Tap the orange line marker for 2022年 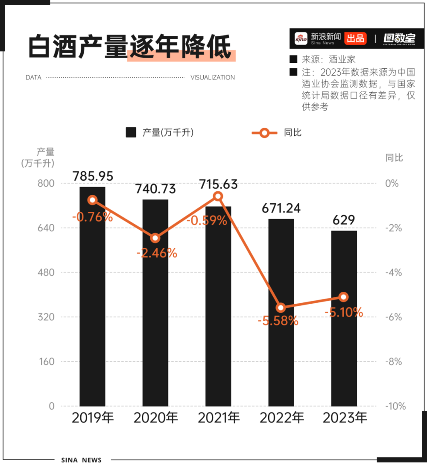281,308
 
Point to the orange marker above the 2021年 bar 218,196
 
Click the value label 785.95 93,176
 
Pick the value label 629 344,220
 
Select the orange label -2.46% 157,253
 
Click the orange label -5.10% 344,312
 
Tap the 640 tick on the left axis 46,228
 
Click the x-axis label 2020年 155,418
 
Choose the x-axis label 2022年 281,418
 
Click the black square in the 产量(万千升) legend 131,132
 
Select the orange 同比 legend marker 264,133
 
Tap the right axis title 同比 394,158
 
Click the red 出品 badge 355,38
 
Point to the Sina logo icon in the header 301,38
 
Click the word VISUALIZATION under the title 213,78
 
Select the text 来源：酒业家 328,59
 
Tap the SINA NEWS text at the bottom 81,460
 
